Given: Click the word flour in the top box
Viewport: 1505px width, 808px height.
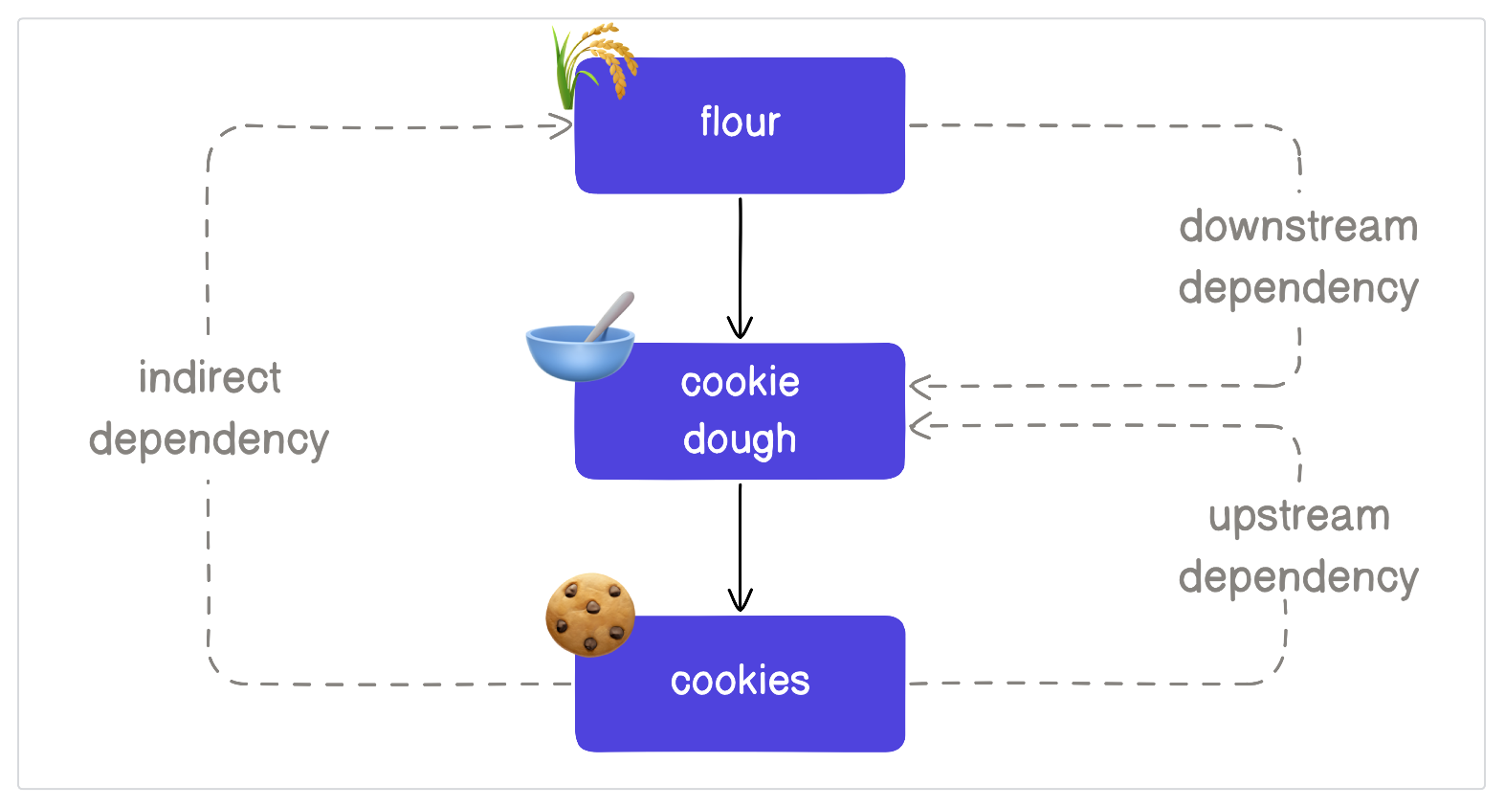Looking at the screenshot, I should point(740,123).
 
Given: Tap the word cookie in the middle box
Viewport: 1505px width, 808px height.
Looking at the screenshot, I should point(740,382).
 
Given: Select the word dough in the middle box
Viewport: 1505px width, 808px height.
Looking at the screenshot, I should point(740,439).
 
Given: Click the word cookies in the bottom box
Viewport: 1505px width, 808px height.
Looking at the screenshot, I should point(740,681).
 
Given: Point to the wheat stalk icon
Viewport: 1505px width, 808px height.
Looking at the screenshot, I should point(594,62).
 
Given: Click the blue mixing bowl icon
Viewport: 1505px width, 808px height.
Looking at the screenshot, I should point(579,351).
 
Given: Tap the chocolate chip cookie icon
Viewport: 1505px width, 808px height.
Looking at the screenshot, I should point(590,615).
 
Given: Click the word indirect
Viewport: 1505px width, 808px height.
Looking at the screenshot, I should point(210,377).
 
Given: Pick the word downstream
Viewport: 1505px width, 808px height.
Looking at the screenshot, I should point(1298,227).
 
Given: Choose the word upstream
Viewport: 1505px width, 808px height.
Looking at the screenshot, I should point(1298,516).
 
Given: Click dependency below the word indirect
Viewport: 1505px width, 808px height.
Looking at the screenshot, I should point(209,439).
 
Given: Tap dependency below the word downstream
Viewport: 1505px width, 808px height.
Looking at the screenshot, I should point(1298,288).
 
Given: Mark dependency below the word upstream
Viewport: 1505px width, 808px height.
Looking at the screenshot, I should point(1298,577).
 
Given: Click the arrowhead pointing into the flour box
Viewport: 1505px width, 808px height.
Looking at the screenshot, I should point(561,125).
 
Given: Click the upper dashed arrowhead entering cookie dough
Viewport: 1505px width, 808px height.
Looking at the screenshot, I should point(920,387).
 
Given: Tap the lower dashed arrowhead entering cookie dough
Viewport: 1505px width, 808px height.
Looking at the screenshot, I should point(920,425).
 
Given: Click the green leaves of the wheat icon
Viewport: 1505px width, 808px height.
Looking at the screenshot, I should point(565,72).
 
